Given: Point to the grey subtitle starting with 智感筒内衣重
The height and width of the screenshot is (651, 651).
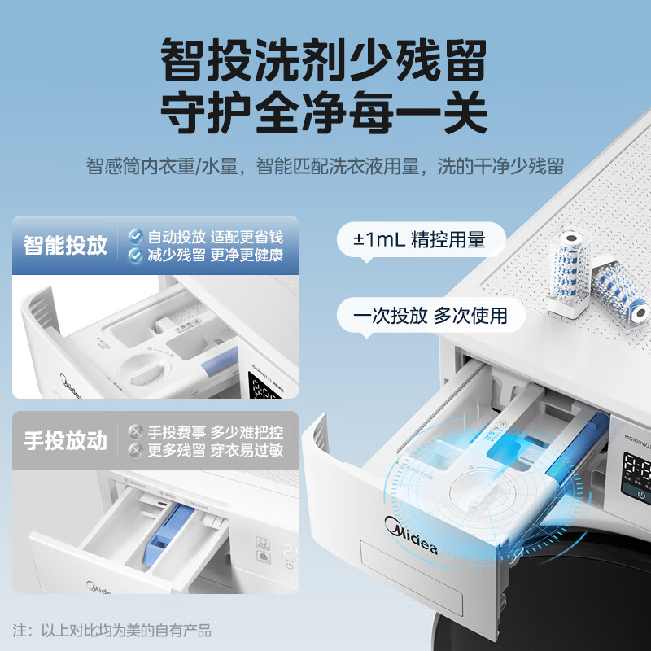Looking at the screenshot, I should pyautogui.click(x=325, y=167).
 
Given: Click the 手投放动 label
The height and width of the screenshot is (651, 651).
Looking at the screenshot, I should pyautogui.click(x=66, y=441).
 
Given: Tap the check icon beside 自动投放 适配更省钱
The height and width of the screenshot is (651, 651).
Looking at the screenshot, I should pyautogui.click(x=135, y=237).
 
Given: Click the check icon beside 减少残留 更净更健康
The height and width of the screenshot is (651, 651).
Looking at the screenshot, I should pyautogui.click(x=135, y=256).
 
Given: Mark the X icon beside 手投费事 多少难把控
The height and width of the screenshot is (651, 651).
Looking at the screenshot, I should pyautogui.click(x=135, y=431).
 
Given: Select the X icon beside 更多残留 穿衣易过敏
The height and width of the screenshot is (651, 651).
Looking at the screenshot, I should pyautogui.click(x=135, y=450).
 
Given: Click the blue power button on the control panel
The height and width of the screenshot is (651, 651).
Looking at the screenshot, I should pyautogui.click(x=642, y=494).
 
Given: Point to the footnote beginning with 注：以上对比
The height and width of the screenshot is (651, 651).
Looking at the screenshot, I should pyautogui.click(x=112, y=630).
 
